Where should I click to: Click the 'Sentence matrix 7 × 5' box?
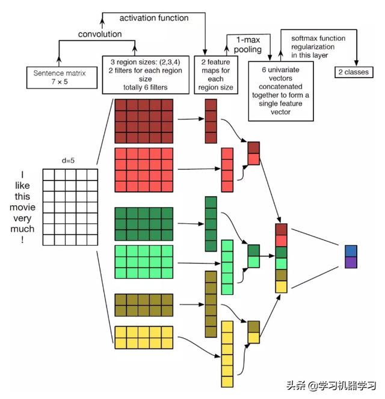point(62,78)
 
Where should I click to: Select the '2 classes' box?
point(354,72)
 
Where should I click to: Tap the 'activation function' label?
point(154,18)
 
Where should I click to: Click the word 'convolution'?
point(100,34)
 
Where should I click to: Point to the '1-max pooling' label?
point(248,45)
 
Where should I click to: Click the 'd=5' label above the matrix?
point(68,161)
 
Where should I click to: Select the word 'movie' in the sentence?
point(22,207)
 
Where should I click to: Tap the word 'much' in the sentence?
point(22,229)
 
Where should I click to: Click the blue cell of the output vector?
point(351,251)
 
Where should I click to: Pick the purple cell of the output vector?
point(351,262)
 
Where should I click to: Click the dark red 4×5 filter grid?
point(144,121)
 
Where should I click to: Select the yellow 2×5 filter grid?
point(144,338)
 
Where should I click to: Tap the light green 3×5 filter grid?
point(144,262)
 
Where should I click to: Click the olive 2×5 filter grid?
point(144,305)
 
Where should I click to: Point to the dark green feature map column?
point(211,224)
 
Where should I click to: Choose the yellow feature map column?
point(227,354)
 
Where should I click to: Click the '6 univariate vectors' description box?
point(281,91)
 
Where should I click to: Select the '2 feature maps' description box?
point(216,75)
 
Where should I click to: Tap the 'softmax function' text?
point(318,39)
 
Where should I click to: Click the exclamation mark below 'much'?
point(22,240)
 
